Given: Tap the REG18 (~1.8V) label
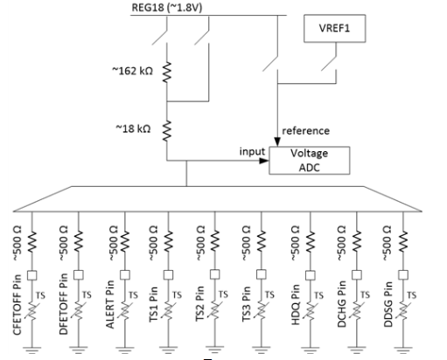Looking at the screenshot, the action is tap(167, 7).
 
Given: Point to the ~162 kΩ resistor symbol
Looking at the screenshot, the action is tap(167, 73).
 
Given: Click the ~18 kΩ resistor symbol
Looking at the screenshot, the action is tap(167, 131).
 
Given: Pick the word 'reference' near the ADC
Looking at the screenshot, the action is tap(305, 131).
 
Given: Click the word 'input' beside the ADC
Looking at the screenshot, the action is tap(252, 151).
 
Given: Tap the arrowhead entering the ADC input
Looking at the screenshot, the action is tap(264, 161).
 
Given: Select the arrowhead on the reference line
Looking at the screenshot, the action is tap(277, 142).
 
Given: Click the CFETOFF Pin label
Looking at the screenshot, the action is tap(17, 305).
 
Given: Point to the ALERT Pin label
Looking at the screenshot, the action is tap(109, 305).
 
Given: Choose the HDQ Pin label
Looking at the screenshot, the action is tap(296, 305).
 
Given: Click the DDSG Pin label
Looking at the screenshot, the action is tap(388, 305).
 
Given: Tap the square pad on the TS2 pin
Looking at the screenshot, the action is tap(215, 274).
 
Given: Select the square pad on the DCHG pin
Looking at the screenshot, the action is tap(357, 274).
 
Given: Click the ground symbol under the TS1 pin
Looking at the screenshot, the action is tap(168, 350).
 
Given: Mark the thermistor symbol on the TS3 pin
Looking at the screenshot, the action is tap(262, 310).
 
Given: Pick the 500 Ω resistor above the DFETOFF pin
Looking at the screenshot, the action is tap(78, 241).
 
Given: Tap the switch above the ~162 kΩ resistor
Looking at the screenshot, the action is tap(161, 37).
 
